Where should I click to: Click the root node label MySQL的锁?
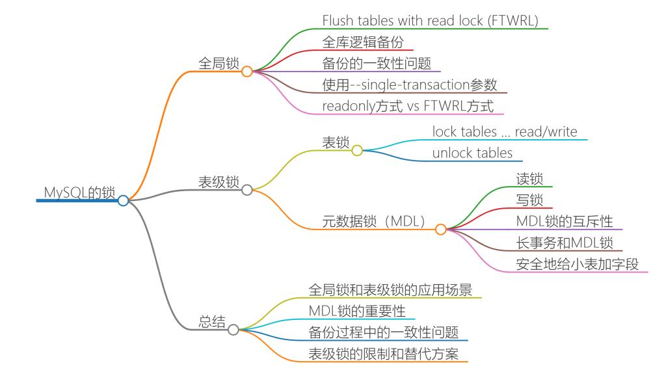tap(79, 192)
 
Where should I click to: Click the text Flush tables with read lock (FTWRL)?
tap(430, 21)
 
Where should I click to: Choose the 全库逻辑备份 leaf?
tap(363, 42)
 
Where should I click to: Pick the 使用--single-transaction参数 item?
tap(410, 85)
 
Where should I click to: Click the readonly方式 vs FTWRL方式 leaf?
tap(408, 106)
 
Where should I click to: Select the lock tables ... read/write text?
tap(505, 132)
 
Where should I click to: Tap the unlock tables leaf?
tap(472, 153)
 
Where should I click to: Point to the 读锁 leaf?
tap(529, 179)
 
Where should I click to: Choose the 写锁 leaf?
tap(529, 200)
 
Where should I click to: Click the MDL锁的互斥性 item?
tap(565, 222)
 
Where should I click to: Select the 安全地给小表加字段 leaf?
tap(578, 264)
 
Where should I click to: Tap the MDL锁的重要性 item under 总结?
tap(357, 312)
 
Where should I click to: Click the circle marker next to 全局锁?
tap(246, 72)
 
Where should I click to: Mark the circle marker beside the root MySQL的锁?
tap(123, 200)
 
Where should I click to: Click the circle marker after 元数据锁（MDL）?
tap(440, 229)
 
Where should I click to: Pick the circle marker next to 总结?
tap(233, 330)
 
